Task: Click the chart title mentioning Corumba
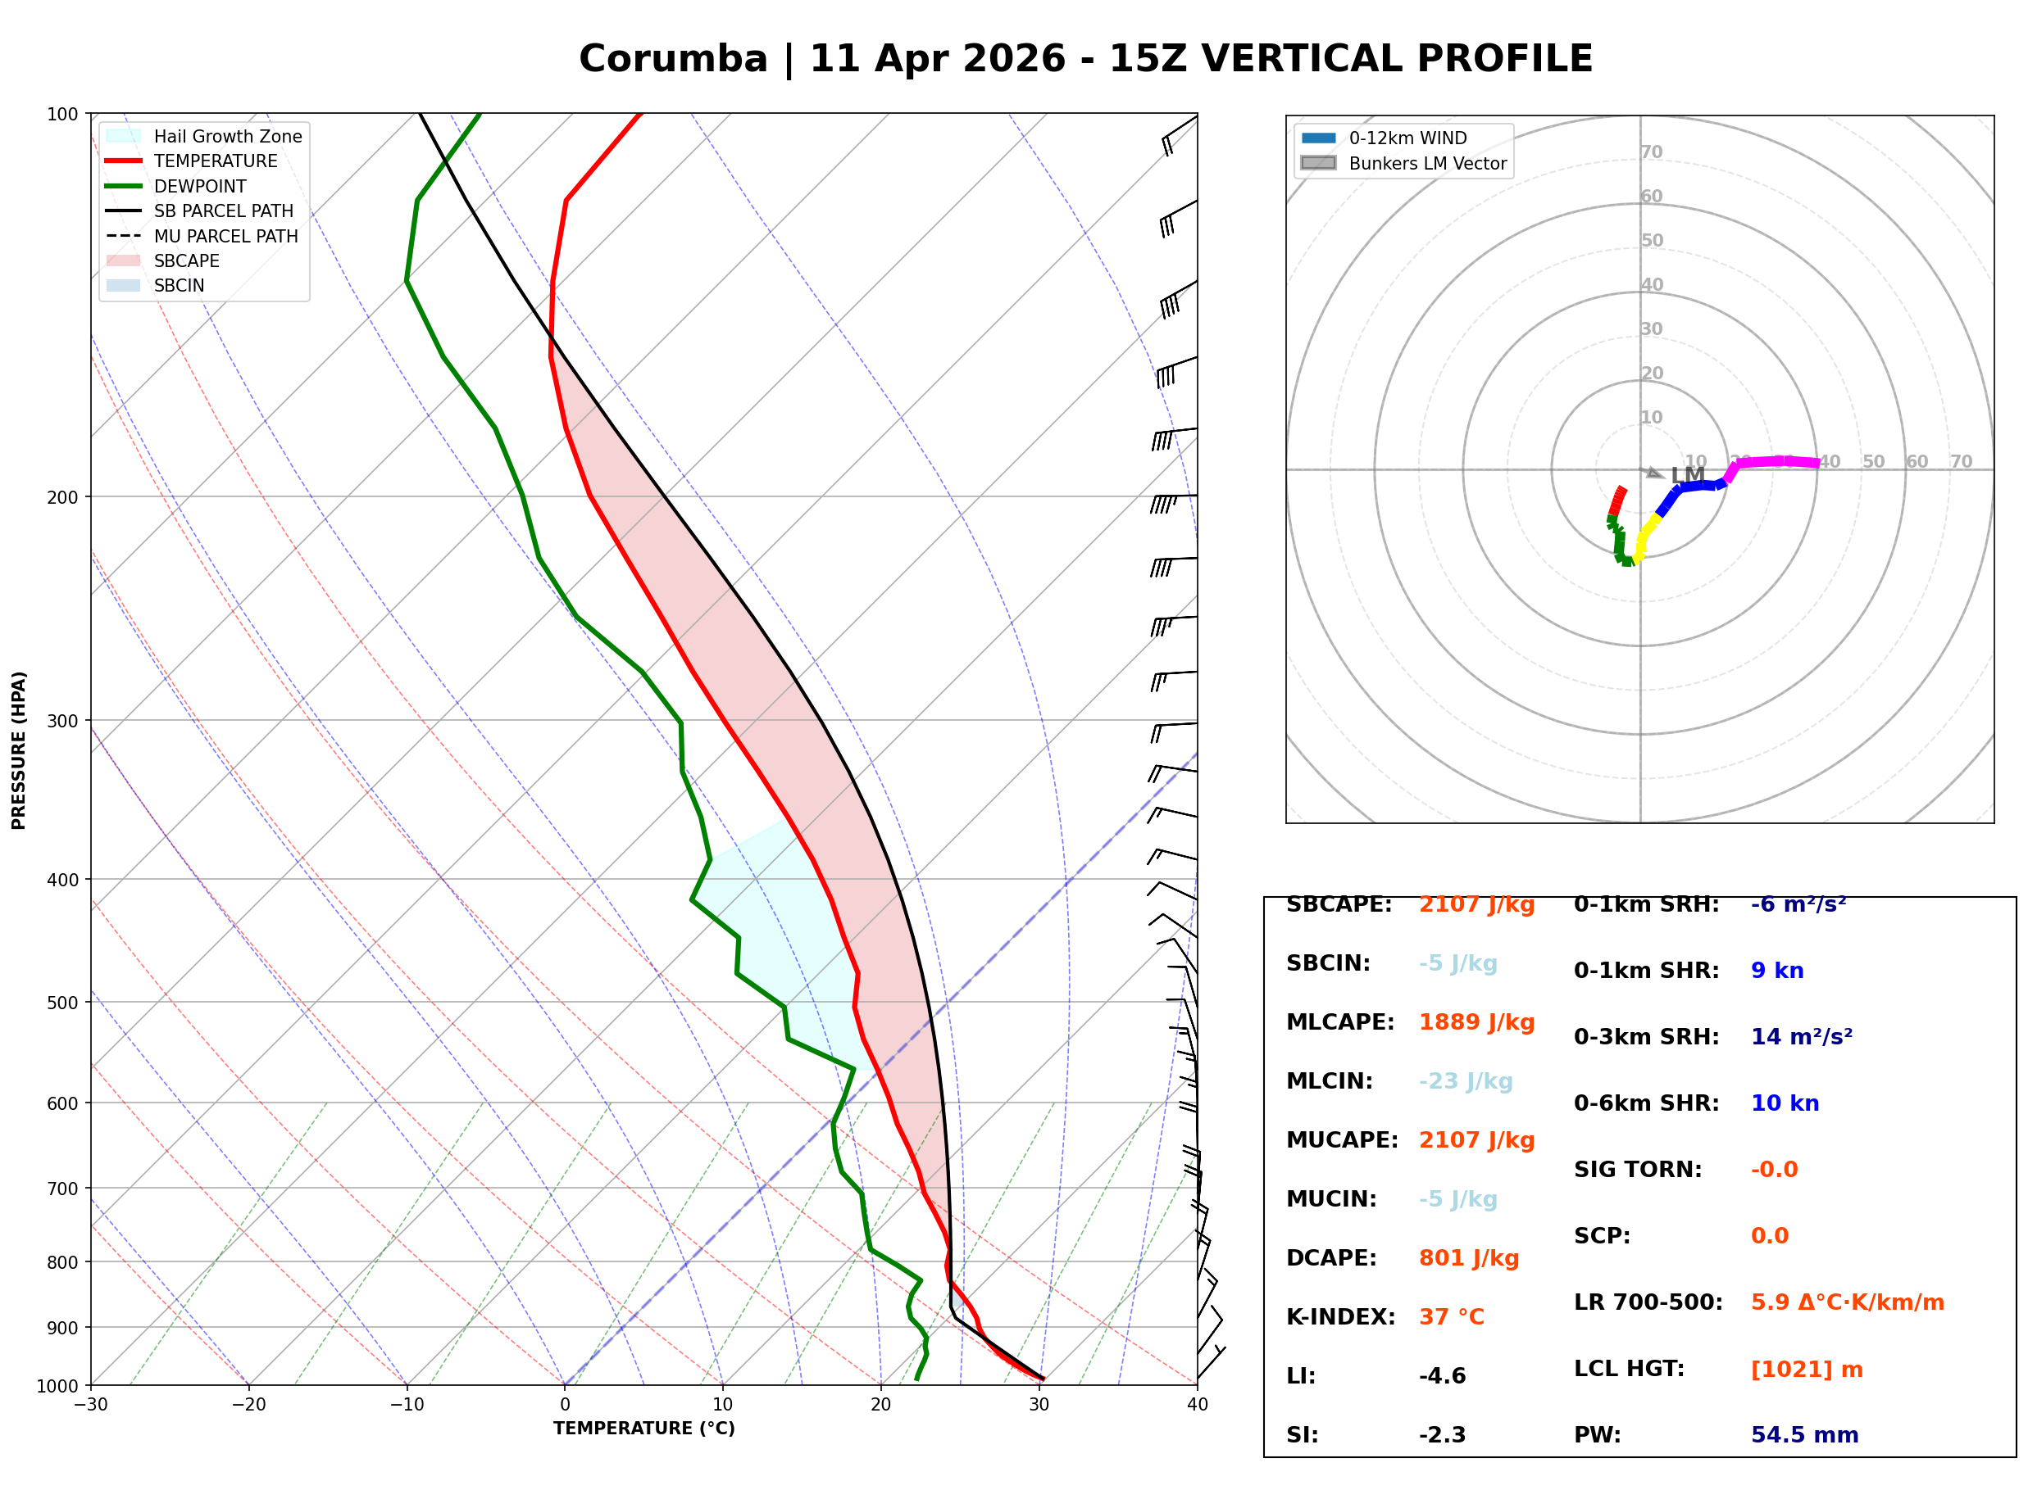[1084, 59]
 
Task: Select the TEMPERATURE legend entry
[215, 161]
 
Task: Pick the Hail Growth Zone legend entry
[227, 137]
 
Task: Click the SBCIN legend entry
[179, 286]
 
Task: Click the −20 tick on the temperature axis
[248, 1405]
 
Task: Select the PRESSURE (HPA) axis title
[19, 750]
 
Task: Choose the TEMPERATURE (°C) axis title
[643, 1429]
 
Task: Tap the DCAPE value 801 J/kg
[1468, 1258]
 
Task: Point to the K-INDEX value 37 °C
[1451, 1317]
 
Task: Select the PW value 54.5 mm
[1803, 1435]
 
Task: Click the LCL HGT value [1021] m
[1806, 1370]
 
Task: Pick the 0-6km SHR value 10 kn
[1784, 1103]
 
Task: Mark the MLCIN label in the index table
[1329, 1081]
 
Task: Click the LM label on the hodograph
[1687, 474]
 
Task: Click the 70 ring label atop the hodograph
[1651, 152]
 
